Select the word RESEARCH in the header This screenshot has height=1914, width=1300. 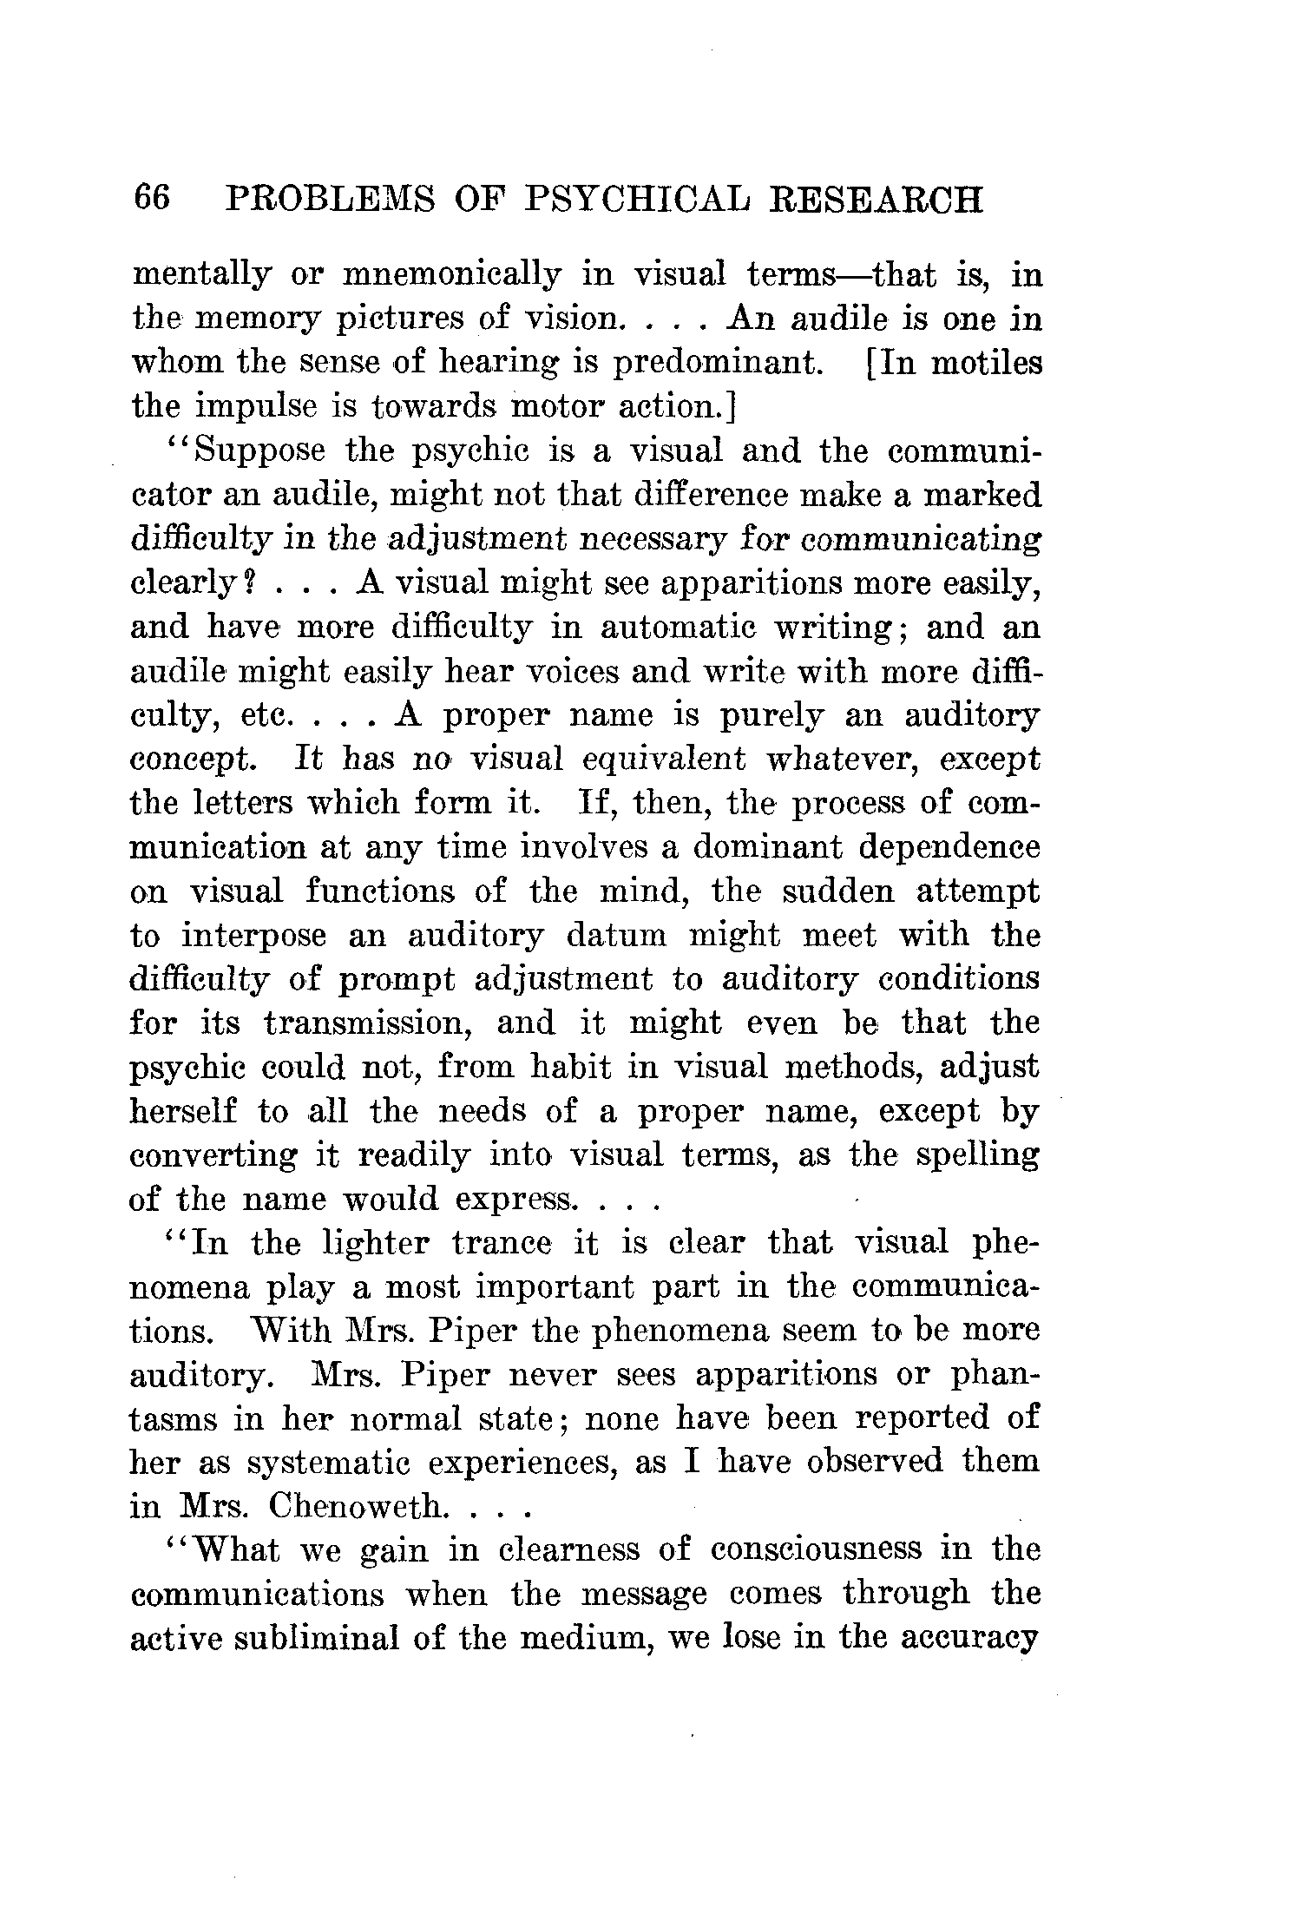(877, 201)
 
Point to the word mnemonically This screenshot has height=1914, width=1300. (452, 276)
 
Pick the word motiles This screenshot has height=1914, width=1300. (986, 363)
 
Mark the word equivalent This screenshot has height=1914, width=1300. (665, 760)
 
